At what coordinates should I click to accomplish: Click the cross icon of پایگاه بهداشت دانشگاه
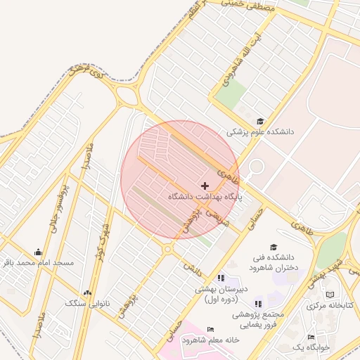click(x=205, y=186)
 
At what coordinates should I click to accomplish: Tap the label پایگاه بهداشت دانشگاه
click(x=205, y=198)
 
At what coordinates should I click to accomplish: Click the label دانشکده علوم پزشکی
click(x=260, y=132)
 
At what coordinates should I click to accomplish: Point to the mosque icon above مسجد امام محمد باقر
click(x=38, y=252)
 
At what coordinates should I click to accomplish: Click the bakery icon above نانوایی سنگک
click(x=87, y=292)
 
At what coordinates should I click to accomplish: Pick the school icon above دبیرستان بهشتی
click(x=221, y=278)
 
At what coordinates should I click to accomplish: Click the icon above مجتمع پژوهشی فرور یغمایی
click(x=258, y=304)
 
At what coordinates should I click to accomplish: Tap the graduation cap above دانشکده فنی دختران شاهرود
click(x=274, y=247)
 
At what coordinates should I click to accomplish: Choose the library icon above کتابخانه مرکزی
click(x=330, y=295)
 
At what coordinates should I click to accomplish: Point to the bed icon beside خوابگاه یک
click(x=311, y=337)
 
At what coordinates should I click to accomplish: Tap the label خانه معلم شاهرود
click(x=211, y=340)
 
